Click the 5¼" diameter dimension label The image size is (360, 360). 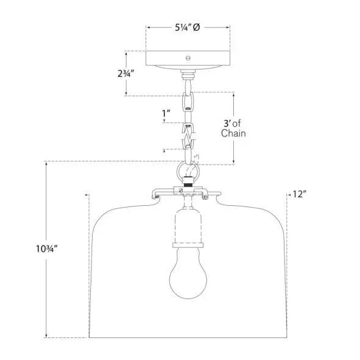pos(187,27)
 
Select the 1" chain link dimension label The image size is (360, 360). pos(166,113)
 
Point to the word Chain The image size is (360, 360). pos(233,133)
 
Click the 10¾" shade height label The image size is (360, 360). pos(46,249)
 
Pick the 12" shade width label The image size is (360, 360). pos(299,194)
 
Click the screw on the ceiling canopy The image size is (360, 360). pos(188,58)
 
